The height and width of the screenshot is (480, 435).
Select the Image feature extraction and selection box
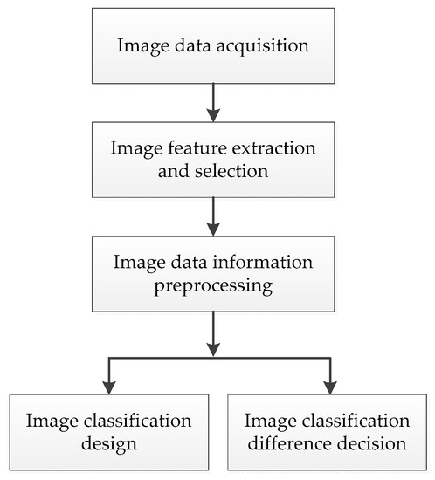213,160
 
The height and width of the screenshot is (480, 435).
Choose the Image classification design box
110,427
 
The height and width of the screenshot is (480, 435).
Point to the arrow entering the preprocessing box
213,218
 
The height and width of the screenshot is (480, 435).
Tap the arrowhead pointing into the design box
108,384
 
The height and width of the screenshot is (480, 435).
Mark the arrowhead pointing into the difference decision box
329,384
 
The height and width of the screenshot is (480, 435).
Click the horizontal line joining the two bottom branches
218,358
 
